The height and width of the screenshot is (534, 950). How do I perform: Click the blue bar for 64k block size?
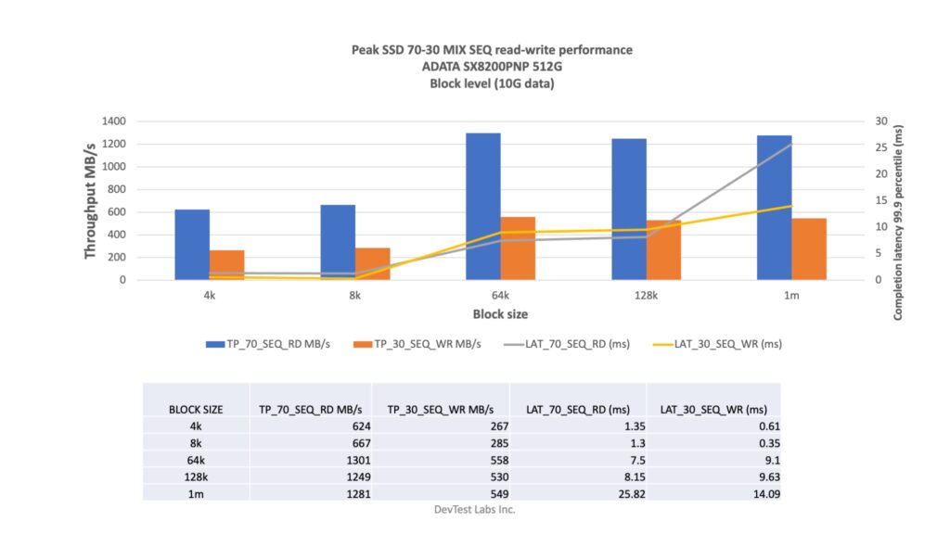[482, 206]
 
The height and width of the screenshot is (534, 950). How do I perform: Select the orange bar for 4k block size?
[226, 264]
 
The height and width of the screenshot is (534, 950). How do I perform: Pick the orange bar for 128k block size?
[663, 249]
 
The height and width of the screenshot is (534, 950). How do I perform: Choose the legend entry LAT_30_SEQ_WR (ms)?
[720, 344]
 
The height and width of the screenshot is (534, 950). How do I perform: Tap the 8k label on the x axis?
[354, 295]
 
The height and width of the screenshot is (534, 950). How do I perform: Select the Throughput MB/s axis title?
[91, 200]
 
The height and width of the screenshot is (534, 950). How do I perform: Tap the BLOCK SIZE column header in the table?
[194, 408]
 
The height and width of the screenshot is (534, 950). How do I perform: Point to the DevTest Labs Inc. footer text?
[475, 509]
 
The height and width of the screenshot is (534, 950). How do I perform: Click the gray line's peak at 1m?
[791, 144]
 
